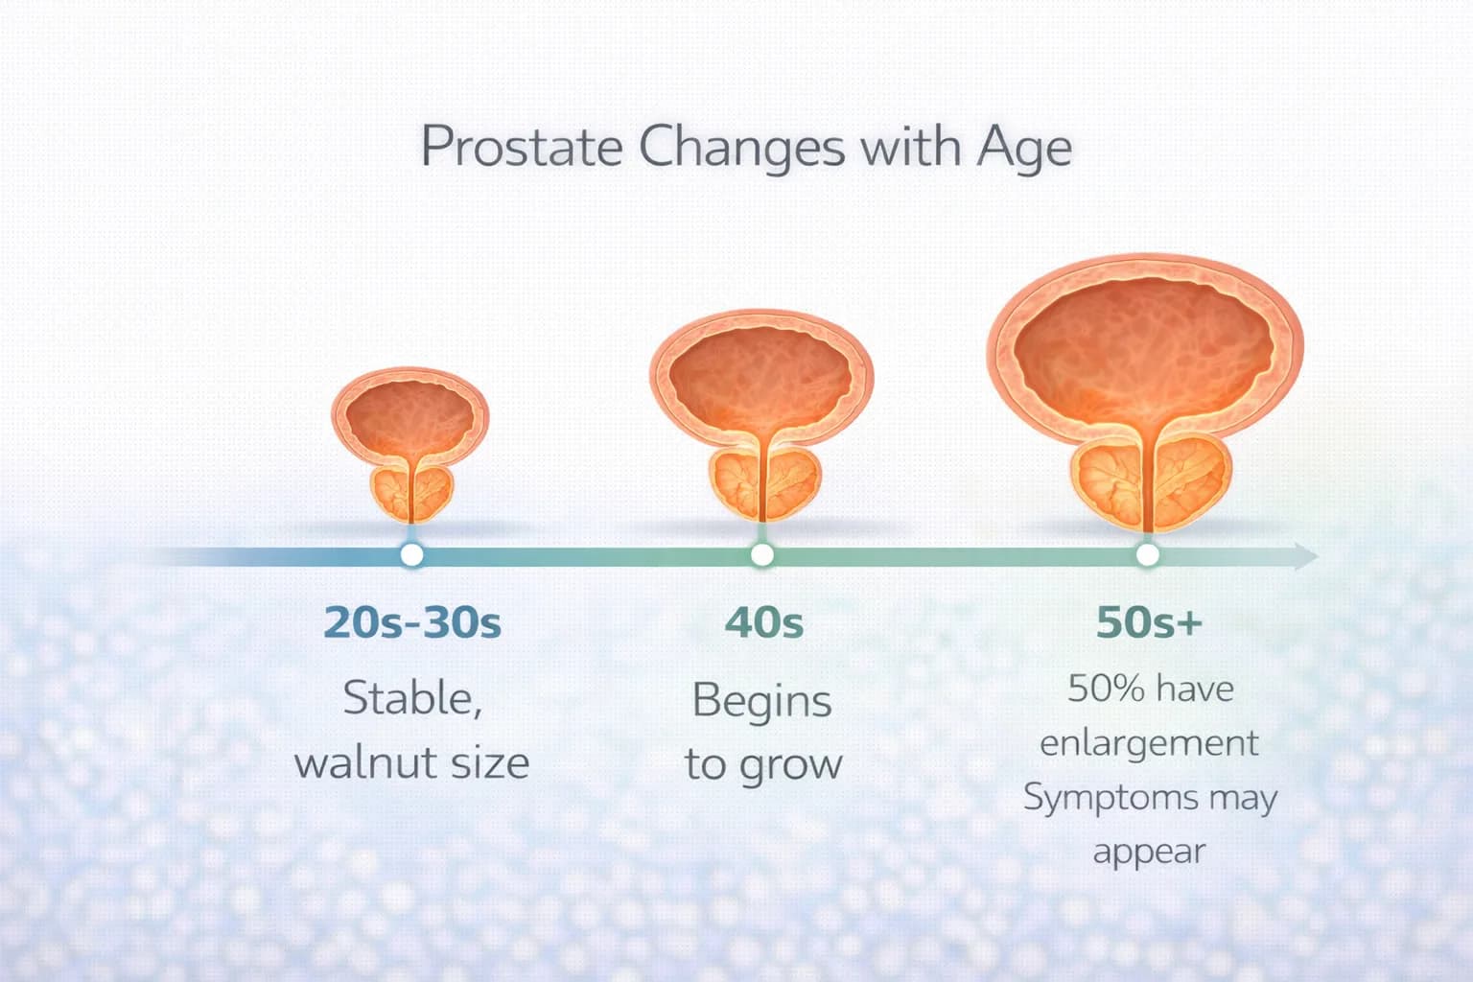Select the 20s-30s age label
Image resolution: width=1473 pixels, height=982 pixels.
[x=412, y=622]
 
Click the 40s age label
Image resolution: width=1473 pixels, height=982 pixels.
[x=763, y=622]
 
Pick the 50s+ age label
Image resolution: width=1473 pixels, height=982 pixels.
[x=1148, y=622]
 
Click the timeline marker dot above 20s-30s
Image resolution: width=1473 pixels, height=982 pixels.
[x=411, y=554]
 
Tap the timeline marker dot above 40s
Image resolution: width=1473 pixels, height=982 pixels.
[x=762, y=554]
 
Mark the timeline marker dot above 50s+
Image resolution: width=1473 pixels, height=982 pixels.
[x=1147, y=554]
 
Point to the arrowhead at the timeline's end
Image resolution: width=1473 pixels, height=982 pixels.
[x=1306, y=555]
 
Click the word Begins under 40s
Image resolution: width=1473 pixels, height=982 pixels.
[x=761, y=700]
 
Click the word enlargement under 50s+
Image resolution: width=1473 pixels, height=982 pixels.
[x=1148, y=743]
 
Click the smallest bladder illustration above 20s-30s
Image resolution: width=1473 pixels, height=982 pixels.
[x=410, y=417]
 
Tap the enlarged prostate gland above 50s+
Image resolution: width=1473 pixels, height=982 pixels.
[x=1148, y=479]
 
